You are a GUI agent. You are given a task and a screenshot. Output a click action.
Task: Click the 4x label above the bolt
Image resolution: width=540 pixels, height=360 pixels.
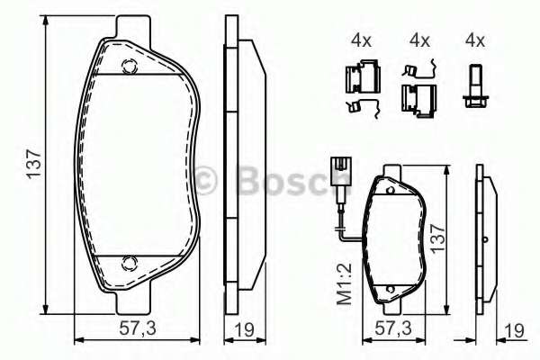point(474,40)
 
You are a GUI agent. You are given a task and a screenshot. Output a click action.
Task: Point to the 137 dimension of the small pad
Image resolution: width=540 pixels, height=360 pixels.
point(438,239)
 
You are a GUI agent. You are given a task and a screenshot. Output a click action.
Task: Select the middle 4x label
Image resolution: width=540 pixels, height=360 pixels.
point(418,40)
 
